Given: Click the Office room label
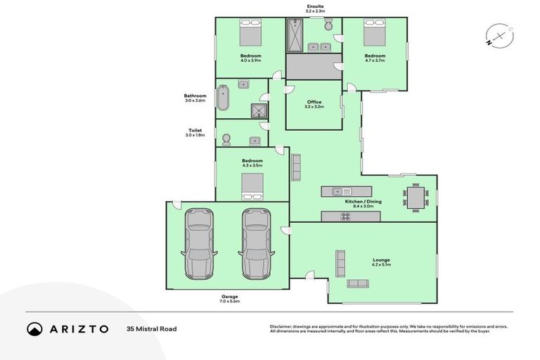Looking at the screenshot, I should coord(314,104).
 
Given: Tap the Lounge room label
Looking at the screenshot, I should coord(381,262).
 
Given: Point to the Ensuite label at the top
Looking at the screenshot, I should coord(314,9).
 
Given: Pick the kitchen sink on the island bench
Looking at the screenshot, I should coord(338,191).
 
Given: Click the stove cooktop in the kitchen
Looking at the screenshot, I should coord(345,217).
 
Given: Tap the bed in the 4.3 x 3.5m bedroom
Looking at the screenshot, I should coord(252,187).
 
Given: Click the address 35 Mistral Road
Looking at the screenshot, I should coord(150,328).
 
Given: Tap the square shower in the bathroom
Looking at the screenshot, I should coord(259,110).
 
